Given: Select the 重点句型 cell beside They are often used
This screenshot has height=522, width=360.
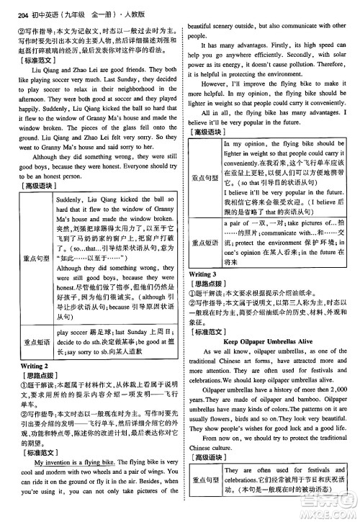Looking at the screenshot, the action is pyautogui.click(x=207, y=500).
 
